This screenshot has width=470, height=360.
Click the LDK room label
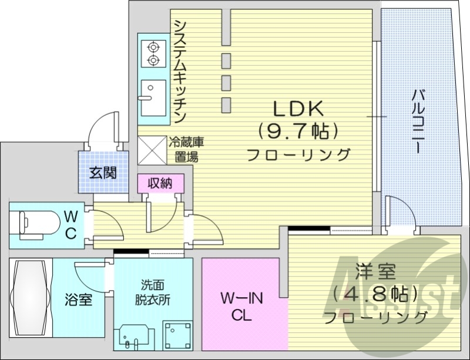point(298,109)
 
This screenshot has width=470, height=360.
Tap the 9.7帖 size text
point(298,131)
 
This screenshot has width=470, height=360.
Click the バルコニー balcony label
point(418,120)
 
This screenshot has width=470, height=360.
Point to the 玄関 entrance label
point(103,173)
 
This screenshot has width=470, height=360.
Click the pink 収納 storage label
point(160,183)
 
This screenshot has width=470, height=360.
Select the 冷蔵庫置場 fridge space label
point(186,149)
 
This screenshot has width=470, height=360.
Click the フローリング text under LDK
point(298,155)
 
